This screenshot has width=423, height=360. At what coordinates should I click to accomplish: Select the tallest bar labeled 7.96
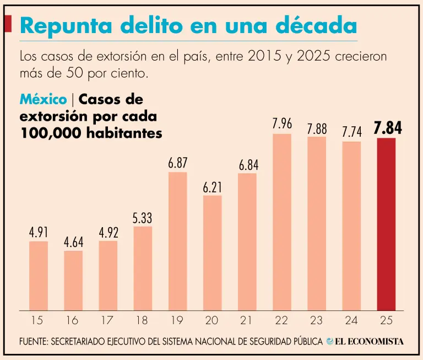(281, 222)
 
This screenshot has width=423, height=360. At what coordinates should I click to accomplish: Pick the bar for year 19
(177, 241)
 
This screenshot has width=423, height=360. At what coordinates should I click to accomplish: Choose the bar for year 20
(212, 252)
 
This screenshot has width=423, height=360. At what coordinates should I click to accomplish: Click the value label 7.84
(387, 129)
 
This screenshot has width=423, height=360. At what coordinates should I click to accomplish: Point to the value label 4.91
(39, 232)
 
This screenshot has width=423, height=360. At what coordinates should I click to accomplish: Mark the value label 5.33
(143, 218)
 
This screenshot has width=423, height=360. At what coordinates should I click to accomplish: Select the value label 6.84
(247, 164)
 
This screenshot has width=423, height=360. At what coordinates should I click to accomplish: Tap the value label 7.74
(351, 132)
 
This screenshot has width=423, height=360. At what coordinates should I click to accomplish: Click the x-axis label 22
(281, 320)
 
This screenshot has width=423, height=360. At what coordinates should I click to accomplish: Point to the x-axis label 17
(108, 320)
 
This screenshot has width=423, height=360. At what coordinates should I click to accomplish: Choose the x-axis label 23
(317, 320)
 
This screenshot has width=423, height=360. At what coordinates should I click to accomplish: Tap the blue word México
(44, 100)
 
